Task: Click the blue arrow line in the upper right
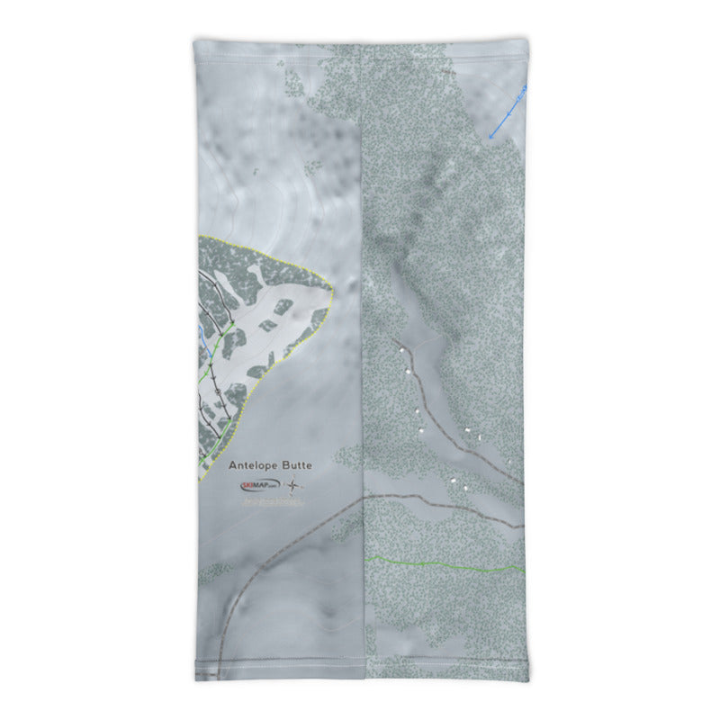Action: click(508, 112)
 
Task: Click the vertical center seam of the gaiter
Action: click(362, 360)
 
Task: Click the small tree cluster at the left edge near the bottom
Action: click(214, 571)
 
